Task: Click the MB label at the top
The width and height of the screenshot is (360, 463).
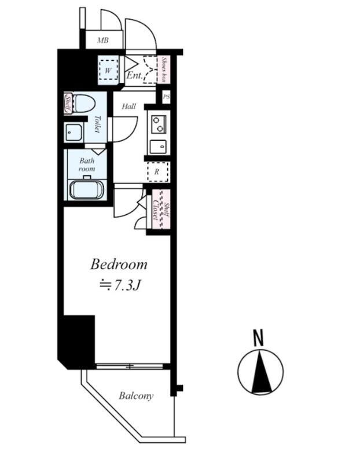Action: tap(103, 40)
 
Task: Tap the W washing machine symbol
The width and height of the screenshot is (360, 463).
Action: tap(108, 71)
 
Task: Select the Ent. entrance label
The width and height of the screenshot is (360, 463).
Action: tap(135, 75)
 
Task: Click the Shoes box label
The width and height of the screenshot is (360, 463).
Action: tap(164, 69)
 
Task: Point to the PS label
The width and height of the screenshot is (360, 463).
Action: tap(167, 97)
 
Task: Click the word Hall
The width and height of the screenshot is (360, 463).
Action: tap(129, 106)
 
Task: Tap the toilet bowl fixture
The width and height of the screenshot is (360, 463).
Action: tap(83, 103)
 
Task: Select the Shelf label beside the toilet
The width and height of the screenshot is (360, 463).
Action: tap(68, 104)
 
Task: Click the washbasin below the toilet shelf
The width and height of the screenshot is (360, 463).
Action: tap(74, 133)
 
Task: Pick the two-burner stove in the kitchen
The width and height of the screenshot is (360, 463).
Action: tap(158, 124)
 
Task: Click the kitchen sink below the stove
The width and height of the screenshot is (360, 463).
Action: tap(158, 147)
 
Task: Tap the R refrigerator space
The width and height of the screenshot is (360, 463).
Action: tap(157, 172)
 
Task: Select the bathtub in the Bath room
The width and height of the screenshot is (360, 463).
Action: tap(87, 189)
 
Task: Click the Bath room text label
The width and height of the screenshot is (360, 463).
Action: tap(87, 165)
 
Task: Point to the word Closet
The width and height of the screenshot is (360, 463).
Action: tap(155, 210)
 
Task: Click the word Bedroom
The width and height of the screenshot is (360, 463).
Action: tap(119, 264)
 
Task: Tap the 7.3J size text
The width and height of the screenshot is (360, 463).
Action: tap(120, 285)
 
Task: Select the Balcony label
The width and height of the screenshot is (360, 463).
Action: tap(136, 396)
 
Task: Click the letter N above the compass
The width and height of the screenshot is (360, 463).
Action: tap(259, 338)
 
